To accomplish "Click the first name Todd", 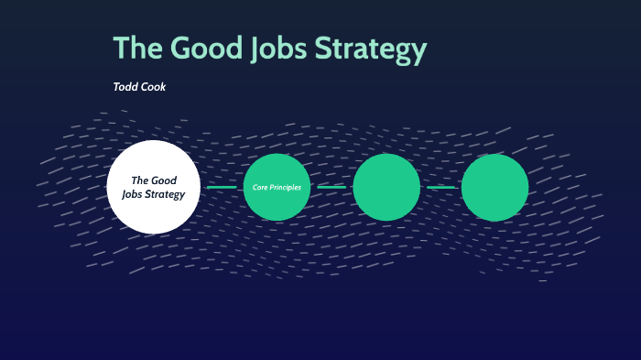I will [x=126, y=87].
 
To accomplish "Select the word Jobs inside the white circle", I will [x=135, y=194].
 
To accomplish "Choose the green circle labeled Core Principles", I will [x=277, y=187].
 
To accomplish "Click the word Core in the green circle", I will [x=261, y=187].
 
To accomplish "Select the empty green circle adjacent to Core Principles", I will [x=386, y=187].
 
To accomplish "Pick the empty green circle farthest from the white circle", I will [x=494, y=187].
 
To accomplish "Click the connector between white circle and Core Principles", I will [x=222, y=187].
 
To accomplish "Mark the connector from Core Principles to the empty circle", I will [x=331, y=187].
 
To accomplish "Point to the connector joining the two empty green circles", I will [x=440, y=187].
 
